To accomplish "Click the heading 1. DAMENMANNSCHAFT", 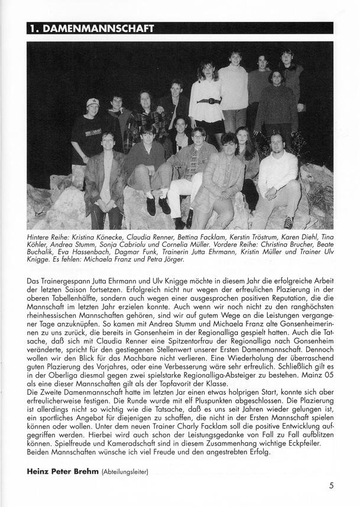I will point(92,28).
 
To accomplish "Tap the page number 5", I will point(332,486).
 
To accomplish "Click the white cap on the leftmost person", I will point(93,103).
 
